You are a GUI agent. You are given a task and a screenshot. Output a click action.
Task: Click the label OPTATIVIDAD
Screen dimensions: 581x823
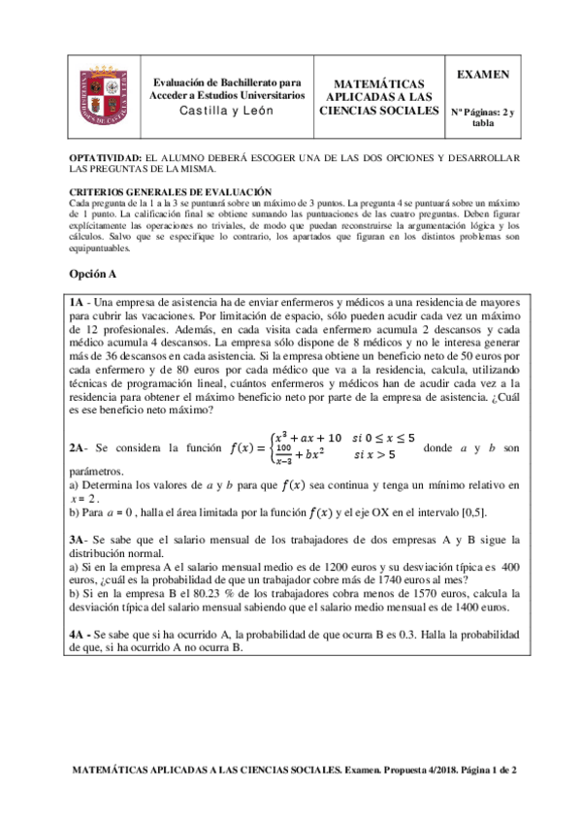(x=106, y=157)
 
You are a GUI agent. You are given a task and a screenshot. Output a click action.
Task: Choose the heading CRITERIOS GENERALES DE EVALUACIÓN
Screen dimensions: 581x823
(x=171, y=192)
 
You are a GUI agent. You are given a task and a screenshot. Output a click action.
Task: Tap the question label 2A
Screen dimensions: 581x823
(x=78, y=449)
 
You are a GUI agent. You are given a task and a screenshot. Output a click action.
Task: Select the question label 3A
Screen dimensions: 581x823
(x=78, y=540)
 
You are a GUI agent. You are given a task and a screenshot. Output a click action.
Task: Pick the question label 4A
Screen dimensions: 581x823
(x=78, y=634)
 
